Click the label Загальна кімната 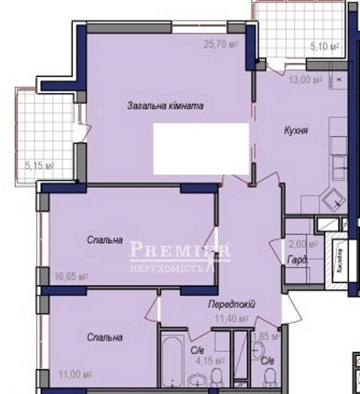(165, 106)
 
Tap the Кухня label (296, 131)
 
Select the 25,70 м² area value (221, 45)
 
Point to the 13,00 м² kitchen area (305, 80)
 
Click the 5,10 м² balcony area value (325, 46)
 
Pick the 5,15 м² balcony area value (40, 165)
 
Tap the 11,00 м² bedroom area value (75, 374)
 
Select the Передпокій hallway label (232, 305)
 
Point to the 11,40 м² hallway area (231, 319)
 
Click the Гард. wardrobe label (295, 260)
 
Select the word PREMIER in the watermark (180, 250)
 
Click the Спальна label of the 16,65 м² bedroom (105, 240)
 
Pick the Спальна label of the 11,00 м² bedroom (105, 337)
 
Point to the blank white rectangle (201, 149)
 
